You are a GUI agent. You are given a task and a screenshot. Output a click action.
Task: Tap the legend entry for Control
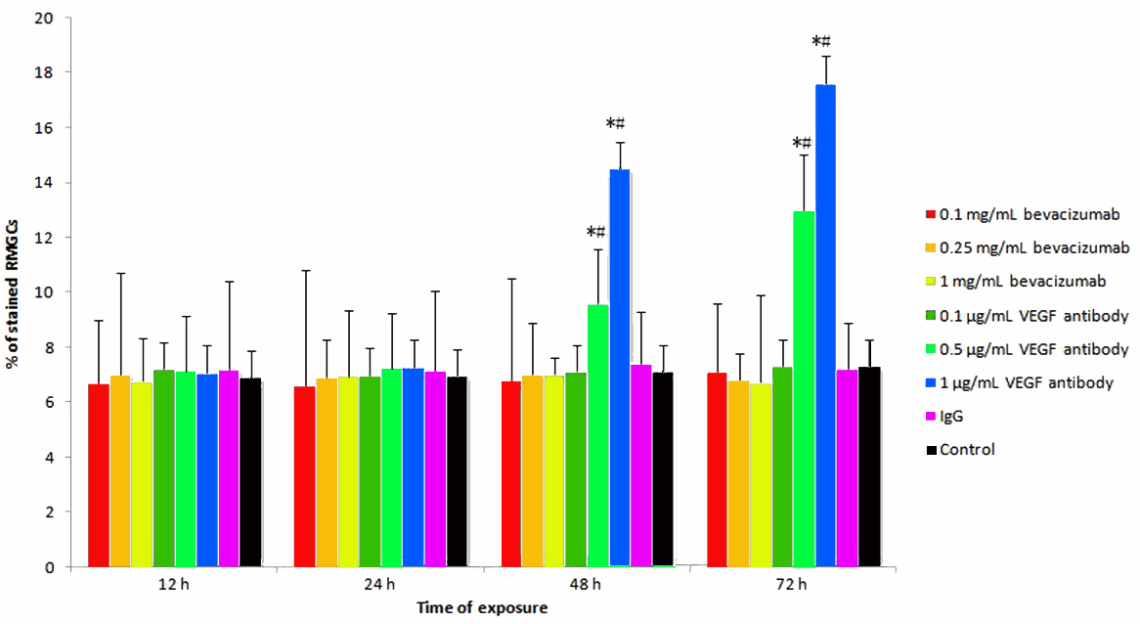[966, 449]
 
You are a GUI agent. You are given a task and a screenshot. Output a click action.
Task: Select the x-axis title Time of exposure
[482, 607]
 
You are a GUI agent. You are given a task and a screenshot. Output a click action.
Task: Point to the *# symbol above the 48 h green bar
[596, 232]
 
